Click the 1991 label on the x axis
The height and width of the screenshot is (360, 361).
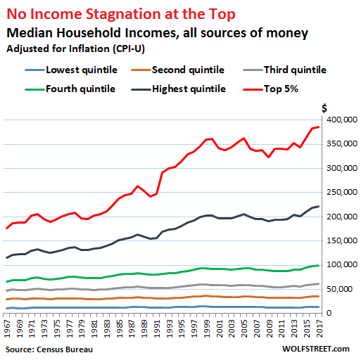tap(156, 328)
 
